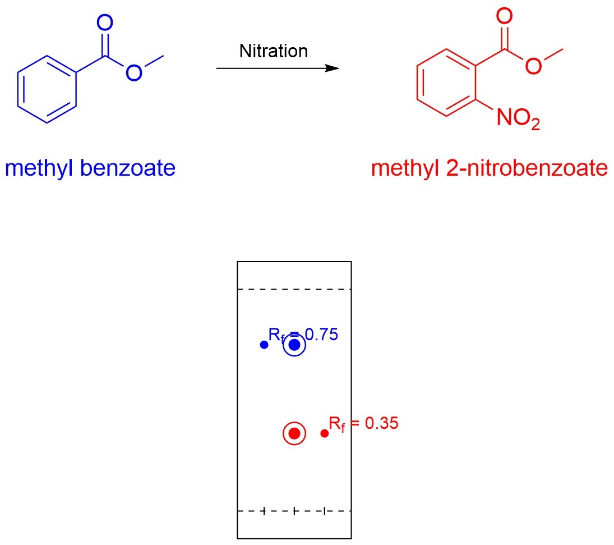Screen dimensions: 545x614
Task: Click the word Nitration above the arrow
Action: click(x=274, y=51)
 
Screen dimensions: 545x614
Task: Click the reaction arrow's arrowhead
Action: click(x=333, y=68)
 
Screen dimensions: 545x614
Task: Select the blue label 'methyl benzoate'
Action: click(x=90, y=168)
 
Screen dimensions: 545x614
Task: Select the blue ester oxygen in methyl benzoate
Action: click(x=133, y=72)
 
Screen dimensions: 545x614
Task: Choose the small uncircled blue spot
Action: click(x=264, y=345)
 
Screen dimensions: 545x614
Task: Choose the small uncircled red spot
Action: click(x=324, y=433)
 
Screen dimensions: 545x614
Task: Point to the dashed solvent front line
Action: click(x=294, y=290)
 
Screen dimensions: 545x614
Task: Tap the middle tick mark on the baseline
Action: click(x=294, y=511)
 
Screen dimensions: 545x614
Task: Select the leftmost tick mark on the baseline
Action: click(x=264, y=511)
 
